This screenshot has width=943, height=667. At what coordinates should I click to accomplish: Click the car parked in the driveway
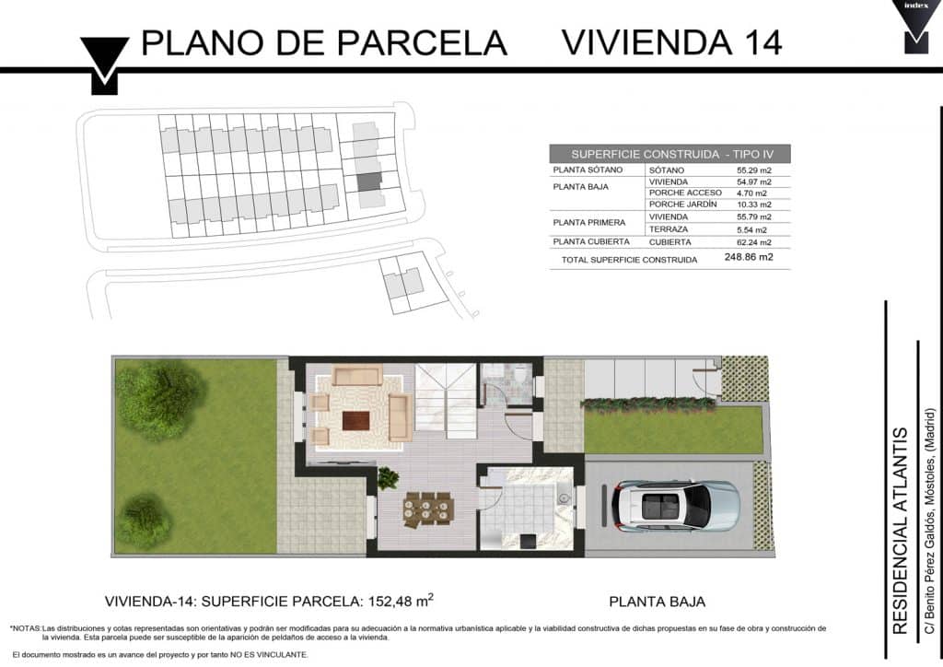675,505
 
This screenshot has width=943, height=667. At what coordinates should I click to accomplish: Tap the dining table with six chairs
428,509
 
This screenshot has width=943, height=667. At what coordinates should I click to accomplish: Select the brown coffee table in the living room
355,420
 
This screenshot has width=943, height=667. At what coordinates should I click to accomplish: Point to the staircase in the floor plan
446,401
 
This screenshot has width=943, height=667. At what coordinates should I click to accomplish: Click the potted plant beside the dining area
388,478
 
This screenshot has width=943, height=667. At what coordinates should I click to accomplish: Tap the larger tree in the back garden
160,398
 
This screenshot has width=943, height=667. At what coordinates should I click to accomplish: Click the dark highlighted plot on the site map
369,181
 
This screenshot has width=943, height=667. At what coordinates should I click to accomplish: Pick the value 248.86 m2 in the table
749,257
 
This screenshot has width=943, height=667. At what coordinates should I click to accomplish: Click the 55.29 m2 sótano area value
753,170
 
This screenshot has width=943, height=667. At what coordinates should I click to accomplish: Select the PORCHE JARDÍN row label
682,205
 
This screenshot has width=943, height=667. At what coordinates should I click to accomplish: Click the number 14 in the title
762,42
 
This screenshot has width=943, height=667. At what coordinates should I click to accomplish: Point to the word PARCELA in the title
421,42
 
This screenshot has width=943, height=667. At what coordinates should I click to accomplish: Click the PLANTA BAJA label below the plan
657,602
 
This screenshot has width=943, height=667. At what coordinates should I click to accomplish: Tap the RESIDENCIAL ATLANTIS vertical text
900,531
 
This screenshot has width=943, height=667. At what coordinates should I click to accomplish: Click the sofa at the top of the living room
357,375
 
